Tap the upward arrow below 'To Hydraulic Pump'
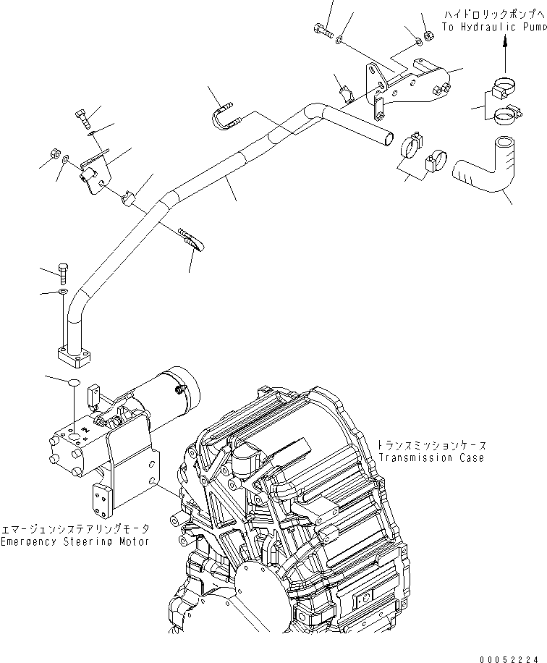(504, 52)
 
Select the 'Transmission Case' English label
(431, 457)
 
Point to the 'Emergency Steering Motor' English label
(75, 541)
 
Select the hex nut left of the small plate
(54, 153)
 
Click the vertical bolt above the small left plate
(80, 115)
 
